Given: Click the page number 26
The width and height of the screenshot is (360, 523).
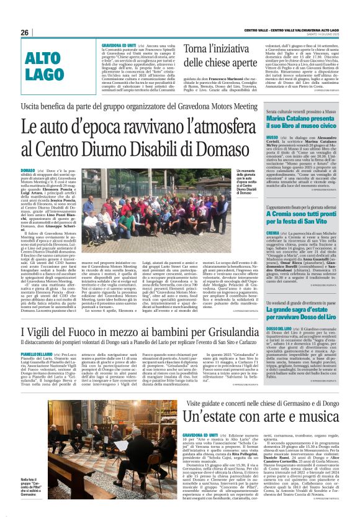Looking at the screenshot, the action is point(25,32).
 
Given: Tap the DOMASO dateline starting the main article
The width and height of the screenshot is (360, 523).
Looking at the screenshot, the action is point(28,170).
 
